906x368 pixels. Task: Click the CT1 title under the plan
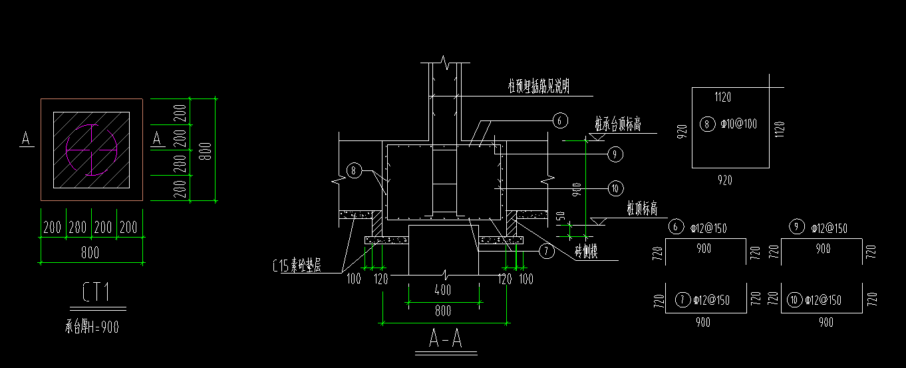97,292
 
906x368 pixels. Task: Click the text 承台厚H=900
92,327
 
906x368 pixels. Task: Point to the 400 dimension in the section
442,290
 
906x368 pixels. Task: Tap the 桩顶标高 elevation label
642,210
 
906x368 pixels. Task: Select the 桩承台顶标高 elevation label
618,125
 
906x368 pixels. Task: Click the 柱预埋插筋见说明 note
538,86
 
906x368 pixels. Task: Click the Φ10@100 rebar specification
738,124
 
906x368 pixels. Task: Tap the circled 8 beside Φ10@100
707,123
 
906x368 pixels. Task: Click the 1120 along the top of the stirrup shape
722,97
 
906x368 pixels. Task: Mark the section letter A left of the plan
27,138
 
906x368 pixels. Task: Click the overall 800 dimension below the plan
90,252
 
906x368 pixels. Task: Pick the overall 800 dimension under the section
442,311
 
